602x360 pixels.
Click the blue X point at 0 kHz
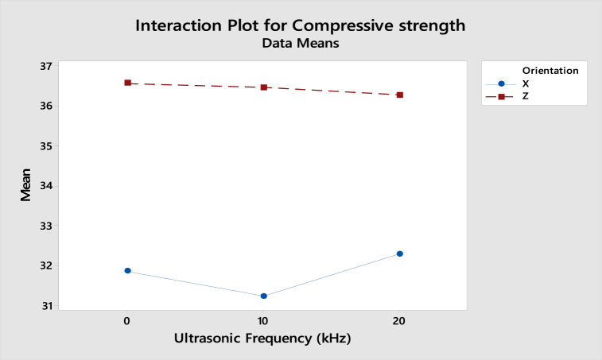tap(127, 271)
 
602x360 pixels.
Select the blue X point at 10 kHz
tap(263, 296)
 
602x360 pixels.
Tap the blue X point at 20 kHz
tap(399, 254)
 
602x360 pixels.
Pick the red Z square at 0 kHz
tap(127, 83)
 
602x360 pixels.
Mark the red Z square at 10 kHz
tap(263, 87)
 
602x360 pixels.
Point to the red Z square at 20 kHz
tap(399, 95)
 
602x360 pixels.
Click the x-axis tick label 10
tap(263, 320)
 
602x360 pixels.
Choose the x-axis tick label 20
tap(399, 320)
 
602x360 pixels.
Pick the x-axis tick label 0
tap(127, 320)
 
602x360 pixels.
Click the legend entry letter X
tap(525, 83)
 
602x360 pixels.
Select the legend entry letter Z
tap(525, 96)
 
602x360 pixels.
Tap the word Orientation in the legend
tap(550, 71)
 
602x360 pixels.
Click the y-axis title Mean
tap(26, 187)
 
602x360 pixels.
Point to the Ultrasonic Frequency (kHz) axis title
tap(262, 339)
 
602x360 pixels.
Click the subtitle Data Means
tap(301, 45)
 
